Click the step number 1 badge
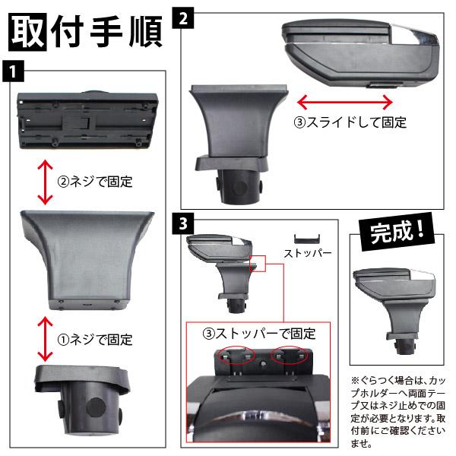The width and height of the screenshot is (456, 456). click(13, 71)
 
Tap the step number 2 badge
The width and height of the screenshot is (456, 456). click(183, 18)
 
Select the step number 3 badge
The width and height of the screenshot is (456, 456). click(183, 223)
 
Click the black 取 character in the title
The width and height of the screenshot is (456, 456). click(27, 32)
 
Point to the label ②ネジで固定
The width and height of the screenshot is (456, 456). click(95, 182)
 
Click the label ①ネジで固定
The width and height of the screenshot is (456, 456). click(95, 340)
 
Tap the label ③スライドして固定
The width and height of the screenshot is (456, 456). click(350, 122)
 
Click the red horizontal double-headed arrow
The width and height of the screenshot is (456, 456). click(345, 102)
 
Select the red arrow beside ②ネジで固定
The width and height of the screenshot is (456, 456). click(45, 182)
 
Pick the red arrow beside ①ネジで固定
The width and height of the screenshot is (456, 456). click(45, 339)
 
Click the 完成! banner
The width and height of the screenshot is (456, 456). click(397, 232)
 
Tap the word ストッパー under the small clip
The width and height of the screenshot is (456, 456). click(308, 253)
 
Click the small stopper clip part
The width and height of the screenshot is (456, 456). click(307, 239)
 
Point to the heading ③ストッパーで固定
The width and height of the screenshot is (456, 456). click(259, 334)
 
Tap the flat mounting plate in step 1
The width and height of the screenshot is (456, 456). click(87, 120)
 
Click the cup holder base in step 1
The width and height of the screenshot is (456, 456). click(83, 400)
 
